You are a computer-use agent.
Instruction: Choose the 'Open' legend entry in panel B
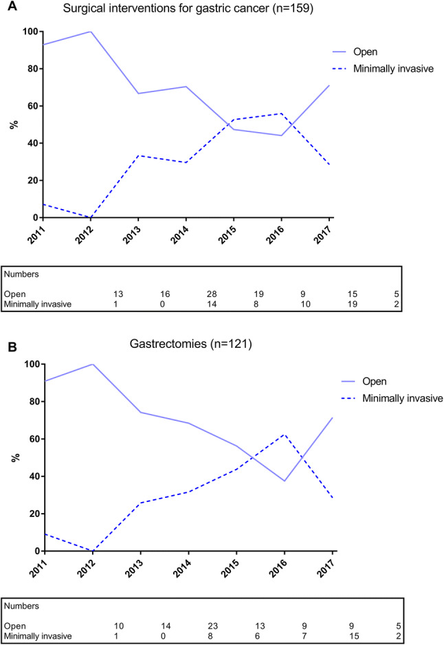pyautogui.click(x=366, y=380)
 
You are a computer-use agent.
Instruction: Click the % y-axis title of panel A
pyautogui.click(x=12, y=124)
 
